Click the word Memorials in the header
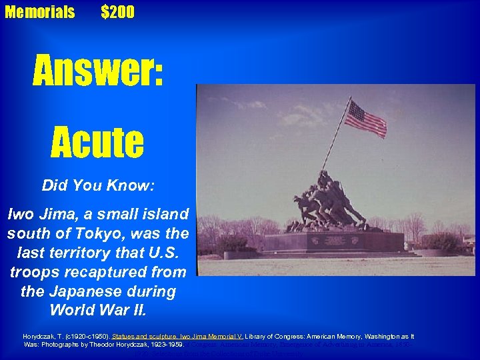40,12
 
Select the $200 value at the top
117,12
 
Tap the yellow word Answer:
98,71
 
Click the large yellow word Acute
97,141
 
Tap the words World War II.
98,311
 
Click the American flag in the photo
365,118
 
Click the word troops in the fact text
34,273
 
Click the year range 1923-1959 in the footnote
163,345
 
